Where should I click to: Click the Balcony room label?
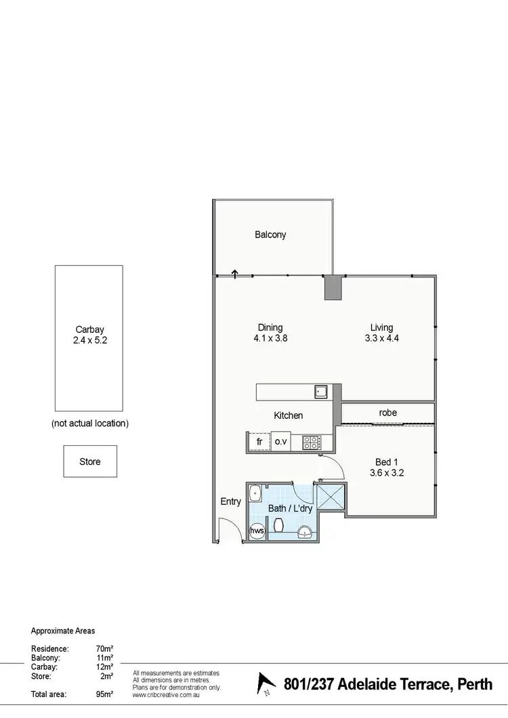pyautogui.click(x=270, y=235)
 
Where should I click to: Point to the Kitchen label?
pyautogui.click(x=288, y=416)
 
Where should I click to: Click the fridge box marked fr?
pyautogui.click(x=259, y=442)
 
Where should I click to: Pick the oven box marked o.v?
pyautogui.click(x=281, y=442)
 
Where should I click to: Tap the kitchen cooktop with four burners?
pyautogui.click(x=311, y=443)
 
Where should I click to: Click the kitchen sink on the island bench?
pyautogui.click(x=320, y=392)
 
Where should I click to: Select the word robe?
pyautogui.click(x=388, y=413)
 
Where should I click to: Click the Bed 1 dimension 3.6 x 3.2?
pyautogui.click(x=387, y=473)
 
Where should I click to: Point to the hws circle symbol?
pyautogui.click(x=257, y=531)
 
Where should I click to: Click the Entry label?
pyautogui.click(x=230, y=501)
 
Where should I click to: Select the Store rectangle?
pyautogui.click(x=90, y=462)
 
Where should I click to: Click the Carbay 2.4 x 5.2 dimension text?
pyautogui.click(x=89, y=341)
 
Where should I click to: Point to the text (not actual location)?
pyautogui.click(x=90, y=424)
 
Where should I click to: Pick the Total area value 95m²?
pyautogui.click(x=104, y=694)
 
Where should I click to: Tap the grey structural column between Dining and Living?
pyautogui.click(x=333, y=288)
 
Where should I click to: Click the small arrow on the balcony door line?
pyautogui.click(x=235, y=273)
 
